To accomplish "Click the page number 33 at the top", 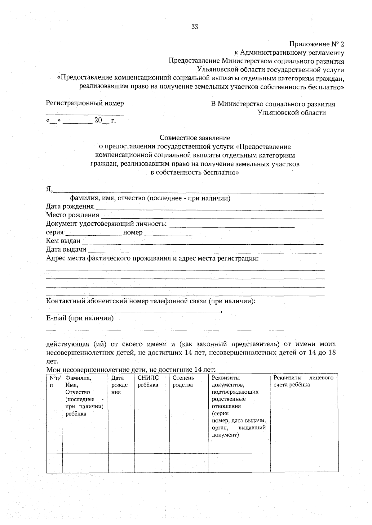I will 195,27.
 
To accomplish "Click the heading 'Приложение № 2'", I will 317,44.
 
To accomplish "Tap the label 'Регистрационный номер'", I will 85,103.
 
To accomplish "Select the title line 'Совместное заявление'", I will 195,138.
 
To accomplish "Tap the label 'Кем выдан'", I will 63,241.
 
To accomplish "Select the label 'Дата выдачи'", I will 66,249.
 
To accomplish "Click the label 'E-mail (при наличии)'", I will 80,318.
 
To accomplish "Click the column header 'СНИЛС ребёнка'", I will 148,381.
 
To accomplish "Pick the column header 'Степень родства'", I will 183,381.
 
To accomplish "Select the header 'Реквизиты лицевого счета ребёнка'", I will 303,381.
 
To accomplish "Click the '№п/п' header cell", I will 54,381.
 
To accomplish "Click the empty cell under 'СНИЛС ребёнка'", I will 152,463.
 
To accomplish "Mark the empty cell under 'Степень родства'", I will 189,463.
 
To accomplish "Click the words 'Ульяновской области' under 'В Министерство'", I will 291,113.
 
